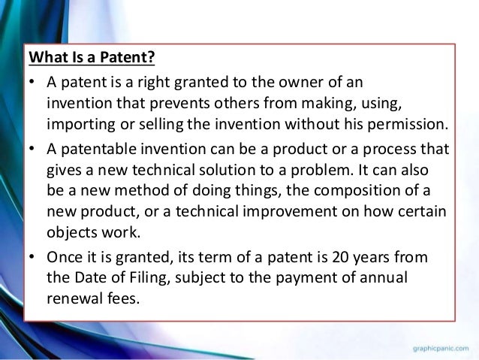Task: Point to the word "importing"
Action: pyautogui.click(x=78, y=123)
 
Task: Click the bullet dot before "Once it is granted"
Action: pyautogui.click(x=34, y=257)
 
